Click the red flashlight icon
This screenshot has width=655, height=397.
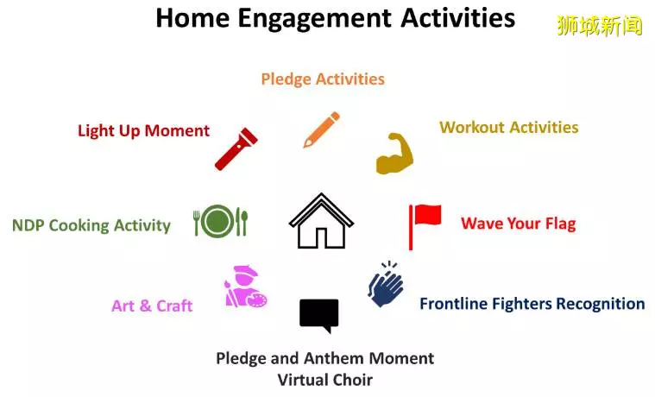(x=236, y=149)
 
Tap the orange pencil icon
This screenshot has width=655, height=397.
(x=322, y=129)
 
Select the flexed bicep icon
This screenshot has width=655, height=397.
(x=394, y=154)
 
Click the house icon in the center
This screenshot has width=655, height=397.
(x=321, y=221)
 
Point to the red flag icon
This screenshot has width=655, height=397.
(x=425, y=226)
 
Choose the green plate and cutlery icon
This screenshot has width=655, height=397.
(x=221, y=221)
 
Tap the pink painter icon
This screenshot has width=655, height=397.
(x=246, y=287)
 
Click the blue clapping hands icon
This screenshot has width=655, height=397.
(x=386, y=284)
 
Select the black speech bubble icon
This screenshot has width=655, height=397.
(x=319, y=316)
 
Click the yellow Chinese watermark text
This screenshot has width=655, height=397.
(x=600, y=26)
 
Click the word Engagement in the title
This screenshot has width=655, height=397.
(x=314, y=19)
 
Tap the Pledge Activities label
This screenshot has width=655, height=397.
(x=323, y=79)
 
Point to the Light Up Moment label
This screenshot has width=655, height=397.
(x=144, y=131)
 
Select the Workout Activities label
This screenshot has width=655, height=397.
(x=509, y=127)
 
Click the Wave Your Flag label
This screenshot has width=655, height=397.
(x=519, y=224)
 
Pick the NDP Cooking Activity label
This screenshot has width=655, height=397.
(x=91, y=225)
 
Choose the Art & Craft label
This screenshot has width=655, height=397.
(x=152, y=306)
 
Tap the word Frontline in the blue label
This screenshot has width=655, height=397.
(x=454, y=304)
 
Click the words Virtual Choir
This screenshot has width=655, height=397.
(x=325, y=380)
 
